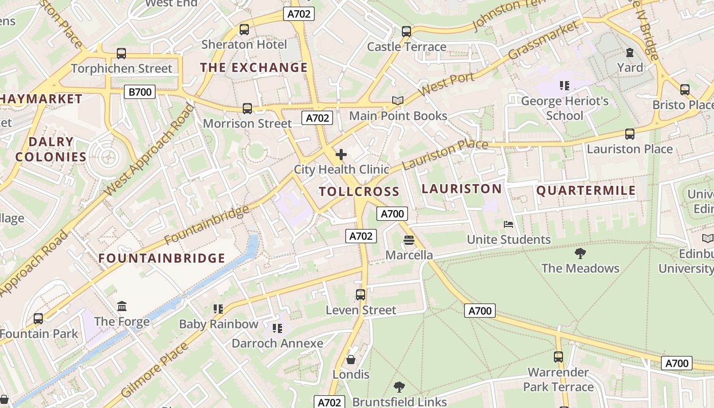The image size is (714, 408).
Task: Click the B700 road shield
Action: [140, 92]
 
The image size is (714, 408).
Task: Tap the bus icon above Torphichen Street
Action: [121, 53]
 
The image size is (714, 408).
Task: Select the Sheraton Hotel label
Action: [244, 44]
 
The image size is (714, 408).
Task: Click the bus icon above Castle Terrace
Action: [406, 31]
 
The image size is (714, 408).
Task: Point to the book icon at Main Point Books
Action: [398, 101]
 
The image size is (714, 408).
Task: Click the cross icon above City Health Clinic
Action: [341, 155]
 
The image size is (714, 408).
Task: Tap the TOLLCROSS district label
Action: [359, 192]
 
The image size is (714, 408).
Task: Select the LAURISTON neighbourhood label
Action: [462, 189]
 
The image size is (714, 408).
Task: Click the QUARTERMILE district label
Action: [586, 191]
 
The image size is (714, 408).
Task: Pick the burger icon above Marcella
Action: [409, 240]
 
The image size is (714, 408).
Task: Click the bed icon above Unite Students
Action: [508, 224]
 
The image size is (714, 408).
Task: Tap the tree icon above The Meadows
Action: [580, 253]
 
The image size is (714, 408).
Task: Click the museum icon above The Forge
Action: [122, 306]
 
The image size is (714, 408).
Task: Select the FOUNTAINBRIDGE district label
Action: [162, 258]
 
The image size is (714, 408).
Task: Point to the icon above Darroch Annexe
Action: [277, 328]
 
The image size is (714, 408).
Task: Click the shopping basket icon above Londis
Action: [351, 360]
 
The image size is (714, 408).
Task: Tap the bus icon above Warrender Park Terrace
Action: [558, 356]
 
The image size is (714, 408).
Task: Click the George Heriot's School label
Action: [565, 108]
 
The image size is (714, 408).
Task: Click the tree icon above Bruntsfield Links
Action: [399, 387]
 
